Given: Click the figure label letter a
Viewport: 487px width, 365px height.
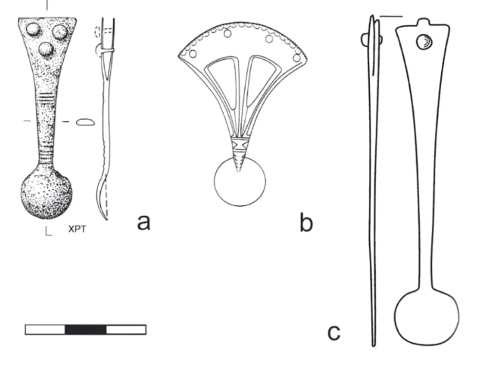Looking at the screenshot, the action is pos(144,223).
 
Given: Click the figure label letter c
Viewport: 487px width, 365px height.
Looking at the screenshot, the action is pos(334,333).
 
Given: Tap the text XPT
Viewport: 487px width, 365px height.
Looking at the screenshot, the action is pos(77,230).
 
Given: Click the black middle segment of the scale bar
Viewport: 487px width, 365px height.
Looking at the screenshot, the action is pos(86,329).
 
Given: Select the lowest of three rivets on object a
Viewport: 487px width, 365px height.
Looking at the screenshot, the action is pos(46,49).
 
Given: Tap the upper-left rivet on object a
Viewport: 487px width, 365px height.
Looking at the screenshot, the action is pos(33,30).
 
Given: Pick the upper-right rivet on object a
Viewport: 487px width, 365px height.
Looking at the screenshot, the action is pos(60,31).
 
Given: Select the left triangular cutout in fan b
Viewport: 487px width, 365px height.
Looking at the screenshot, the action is pos(224,81).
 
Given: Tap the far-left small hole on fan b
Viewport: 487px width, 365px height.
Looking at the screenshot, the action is pos(193,54).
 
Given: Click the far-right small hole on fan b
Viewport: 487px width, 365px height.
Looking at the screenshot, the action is pos(297,58).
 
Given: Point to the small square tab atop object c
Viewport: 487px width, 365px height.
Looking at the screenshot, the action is pos(424,23).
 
